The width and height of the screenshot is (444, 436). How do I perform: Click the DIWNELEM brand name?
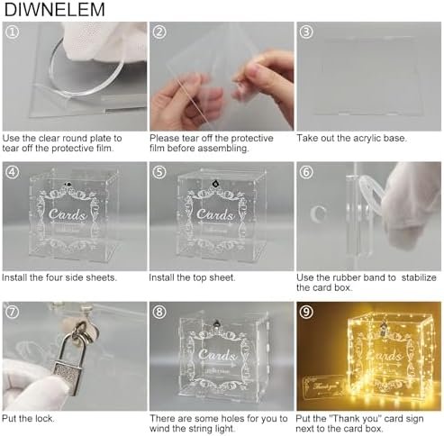(54, 9)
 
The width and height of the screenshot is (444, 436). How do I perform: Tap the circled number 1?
(12, 32)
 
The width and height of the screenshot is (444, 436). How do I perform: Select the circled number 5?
(159, 172)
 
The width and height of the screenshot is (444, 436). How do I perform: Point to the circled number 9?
(306, 312)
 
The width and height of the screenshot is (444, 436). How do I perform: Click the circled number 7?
(12, 312)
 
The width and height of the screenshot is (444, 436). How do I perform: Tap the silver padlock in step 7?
(70, 358)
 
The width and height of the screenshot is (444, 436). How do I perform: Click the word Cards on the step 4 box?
(67, 213)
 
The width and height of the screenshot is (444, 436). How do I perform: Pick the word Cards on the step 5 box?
(215, 213)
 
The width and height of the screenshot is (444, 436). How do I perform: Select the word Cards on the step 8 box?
(217, 354)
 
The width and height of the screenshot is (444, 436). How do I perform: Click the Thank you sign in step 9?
(323, 390)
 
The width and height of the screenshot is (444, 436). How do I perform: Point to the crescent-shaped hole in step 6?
(318, 213)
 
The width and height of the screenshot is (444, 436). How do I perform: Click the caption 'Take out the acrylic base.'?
(351, 138)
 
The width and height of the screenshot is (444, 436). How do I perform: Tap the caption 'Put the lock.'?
(28, 418)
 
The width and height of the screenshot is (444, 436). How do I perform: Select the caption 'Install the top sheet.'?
(192, 277)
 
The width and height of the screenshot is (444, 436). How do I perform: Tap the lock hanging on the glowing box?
(383, 329)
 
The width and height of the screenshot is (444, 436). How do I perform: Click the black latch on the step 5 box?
(214, 183)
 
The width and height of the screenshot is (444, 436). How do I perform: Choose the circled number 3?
(306, 32)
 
